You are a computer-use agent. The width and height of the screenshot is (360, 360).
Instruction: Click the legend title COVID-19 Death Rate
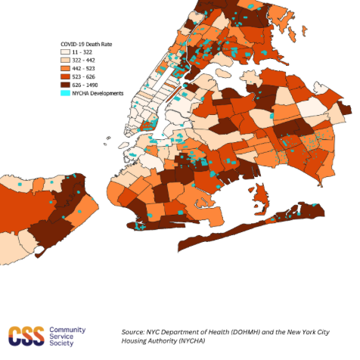click(x=85, y=44)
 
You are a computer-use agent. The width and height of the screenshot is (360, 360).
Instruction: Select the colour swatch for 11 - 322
click(x=66, y=51)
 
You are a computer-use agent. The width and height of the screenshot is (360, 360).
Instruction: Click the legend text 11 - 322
click(x=83, y=51)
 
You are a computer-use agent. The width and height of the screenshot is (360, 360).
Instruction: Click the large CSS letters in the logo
click(x=25, y=334)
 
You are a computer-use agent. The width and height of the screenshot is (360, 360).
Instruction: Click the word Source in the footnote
click(x=135, y=331)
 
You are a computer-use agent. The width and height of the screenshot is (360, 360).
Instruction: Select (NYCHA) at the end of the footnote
click(x=194, y=342)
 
